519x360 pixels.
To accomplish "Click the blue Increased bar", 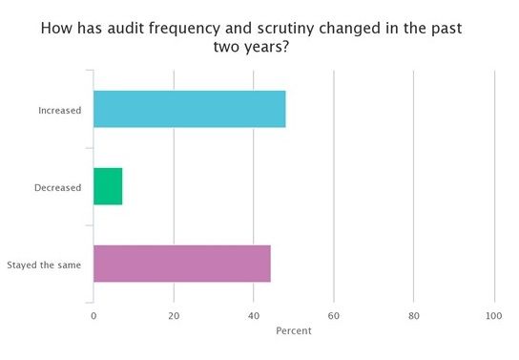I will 189,109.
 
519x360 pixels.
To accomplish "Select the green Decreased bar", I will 108,186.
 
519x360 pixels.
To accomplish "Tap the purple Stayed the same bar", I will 181,264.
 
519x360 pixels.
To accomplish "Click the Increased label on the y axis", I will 59,110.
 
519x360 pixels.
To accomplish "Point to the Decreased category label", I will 57,187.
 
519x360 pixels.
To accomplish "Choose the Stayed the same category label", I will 44,265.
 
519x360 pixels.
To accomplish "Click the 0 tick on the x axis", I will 93,316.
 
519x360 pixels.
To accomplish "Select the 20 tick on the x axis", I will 174,316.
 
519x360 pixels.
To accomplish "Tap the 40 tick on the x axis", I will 254,316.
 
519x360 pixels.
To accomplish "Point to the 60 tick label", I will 334,316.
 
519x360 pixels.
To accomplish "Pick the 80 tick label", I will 414,316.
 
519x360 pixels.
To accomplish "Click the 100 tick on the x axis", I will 494,316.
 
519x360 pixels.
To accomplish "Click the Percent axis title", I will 294,331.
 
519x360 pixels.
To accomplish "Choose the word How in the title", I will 56,29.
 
